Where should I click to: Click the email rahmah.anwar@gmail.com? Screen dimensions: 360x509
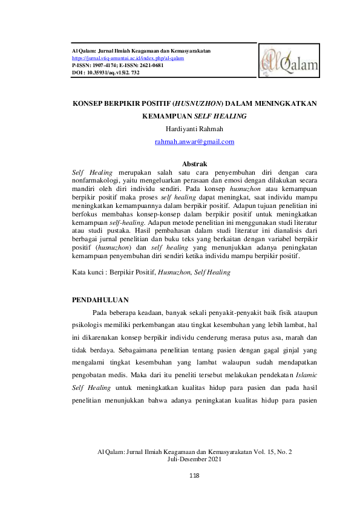(x=194, y=141)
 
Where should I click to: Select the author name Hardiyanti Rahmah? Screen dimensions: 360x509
(x=194, y=128)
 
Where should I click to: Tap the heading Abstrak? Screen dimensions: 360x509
(x=194, y=164)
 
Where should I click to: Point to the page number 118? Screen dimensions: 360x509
(x=194, y=476)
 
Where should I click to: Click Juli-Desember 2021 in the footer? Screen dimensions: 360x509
(x=194, y=459)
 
